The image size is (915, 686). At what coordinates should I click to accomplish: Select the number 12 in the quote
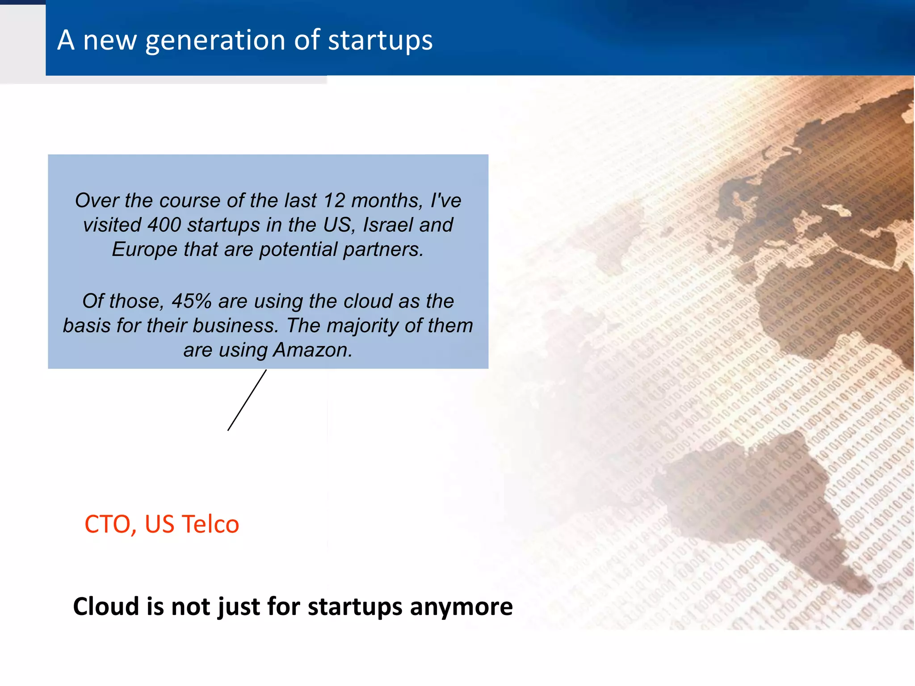tap(334, 201)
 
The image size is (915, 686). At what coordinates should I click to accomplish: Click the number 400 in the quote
tap(164, 225)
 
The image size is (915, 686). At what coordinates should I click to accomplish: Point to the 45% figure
tap(192, 301)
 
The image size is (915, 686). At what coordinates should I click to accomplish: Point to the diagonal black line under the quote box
tap(247, 400)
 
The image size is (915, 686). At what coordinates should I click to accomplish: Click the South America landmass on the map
tap(751, 500)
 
